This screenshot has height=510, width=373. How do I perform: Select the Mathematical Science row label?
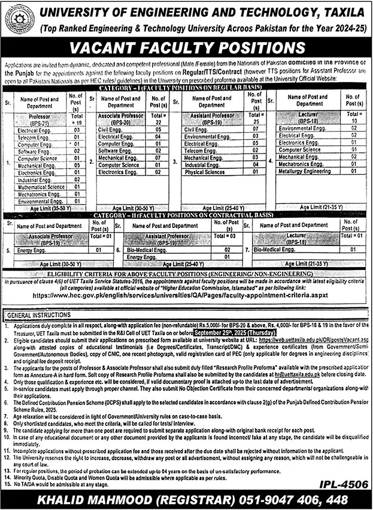click(41, 187)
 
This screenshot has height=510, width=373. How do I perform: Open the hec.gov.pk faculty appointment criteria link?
click(186, 296)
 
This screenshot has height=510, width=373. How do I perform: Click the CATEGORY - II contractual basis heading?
click(186, 214)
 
